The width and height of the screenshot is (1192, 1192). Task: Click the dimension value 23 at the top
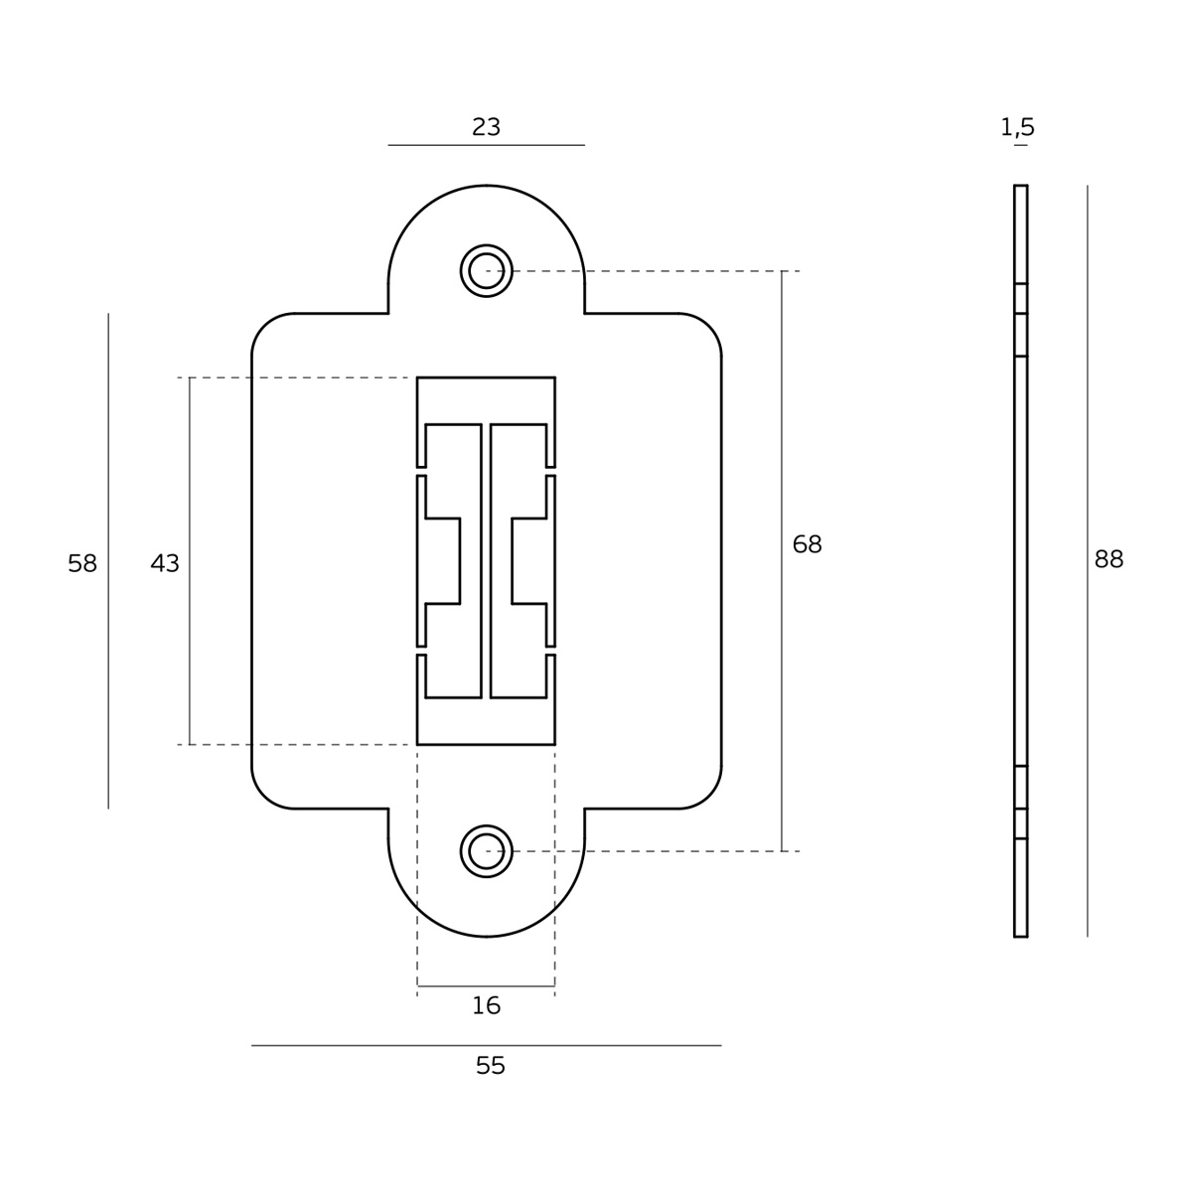[486, 127]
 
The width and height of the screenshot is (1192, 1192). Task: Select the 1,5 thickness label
[1017, 127]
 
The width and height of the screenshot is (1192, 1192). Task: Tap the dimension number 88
[1109, 560]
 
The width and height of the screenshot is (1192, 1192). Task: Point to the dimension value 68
[807, 544]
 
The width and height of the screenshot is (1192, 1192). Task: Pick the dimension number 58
[82, 564]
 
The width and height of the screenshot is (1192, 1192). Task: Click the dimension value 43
[165, 564]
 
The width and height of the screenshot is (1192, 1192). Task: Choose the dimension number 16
[486, 1006]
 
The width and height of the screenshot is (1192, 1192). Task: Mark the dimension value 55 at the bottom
[491, 1066]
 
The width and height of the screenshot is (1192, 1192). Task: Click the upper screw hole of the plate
[486, 270]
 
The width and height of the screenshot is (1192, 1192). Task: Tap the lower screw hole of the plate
[486, 851]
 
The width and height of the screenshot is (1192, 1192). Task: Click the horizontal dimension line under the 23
[486, 146]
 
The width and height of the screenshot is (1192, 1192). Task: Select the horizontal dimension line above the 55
[486, 1045]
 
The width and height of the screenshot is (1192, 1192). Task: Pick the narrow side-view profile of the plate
[1020, 560]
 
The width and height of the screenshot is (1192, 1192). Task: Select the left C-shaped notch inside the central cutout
[442, 560]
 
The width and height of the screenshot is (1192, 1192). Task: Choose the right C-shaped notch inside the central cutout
[530, 560]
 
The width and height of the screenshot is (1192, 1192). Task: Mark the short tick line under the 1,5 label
[1020, 146]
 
